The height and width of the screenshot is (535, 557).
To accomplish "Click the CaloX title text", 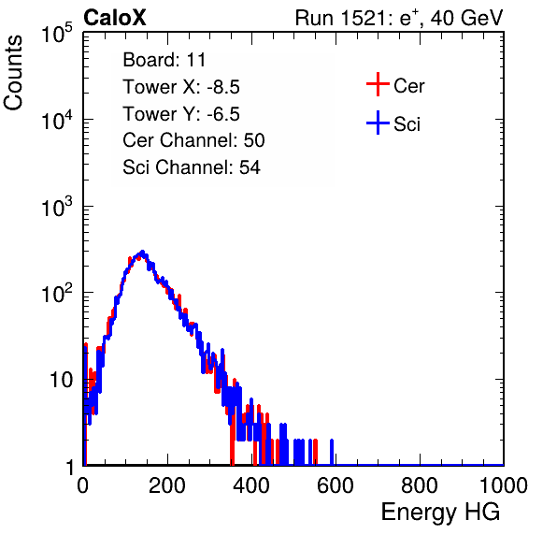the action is [115, 18].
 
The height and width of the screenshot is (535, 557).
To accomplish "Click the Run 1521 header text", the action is [399, 18].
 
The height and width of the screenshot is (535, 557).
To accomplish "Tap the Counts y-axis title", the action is [13, 73].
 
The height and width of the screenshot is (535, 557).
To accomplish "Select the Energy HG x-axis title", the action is [440, 513].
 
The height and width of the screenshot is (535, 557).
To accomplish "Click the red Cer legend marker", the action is [378, 84].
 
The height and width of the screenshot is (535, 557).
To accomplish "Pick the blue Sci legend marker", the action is [378, 123].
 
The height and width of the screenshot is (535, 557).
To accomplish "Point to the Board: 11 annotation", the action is [164, 60].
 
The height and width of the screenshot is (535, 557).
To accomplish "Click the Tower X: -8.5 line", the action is [181, 87].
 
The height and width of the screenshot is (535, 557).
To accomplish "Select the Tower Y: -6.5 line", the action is [181, 114].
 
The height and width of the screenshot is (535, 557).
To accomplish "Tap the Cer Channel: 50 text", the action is [193, 140].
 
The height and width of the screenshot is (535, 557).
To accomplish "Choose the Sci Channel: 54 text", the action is [192, 167].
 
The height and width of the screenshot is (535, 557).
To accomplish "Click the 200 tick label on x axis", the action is [167, 485].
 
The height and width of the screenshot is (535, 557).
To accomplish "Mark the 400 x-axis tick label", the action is [251, 485].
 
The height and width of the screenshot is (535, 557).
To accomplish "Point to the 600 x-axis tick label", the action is [336, 485].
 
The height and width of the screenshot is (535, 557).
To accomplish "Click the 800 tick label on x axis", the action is [420, 485].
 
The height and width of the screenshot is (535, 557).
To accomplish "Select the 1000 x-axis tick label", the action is [504, 485].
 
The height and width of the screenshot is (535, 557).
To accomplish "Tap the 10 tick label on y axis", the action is [61, 381].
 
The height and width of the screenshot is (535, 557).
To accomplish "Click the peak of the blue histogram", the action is [142, 252].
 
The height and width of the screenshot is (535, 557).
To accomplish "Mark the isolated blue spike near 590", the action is [332, 452].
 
